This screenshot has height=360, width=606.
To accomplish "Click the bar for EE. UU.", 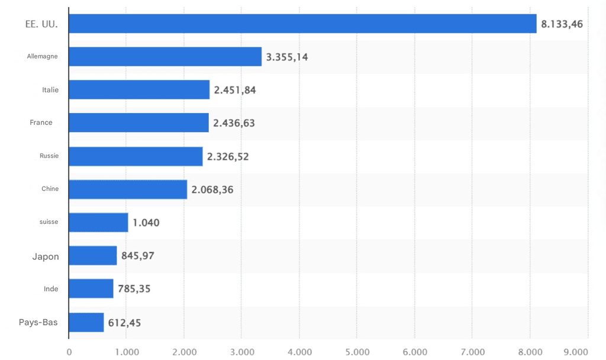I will (x=302, y=24).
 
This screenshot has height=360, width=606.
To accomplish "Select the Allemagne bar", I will (x=165, y=57).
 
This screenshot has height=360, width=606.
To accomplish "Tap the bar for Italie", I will (x=139, y=90).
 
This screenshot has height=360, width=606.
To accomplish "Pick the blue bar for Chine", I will (x=128, y=189).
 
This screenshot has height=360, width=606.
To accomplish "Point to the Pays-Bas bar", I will (x=86, y=323).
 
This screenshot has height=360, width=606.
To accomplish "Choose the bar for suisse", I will (x=98, y=223).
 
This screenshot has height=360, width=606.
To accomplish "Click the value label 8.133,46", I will (x=562, y=24).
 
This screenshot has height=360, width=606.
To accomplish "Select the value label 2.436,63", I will (x=234, y=123).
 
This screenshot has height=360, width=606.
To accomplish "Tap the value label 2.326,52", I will (x=228, y=156).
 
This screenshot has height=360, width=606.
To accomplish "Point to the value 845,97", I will (x=138, y=256).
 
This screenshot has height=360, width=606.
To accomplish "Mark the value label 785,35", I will (x=134, y=290).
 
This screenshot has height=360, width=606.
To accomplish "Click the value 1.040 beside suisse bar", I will (x=146, y=223).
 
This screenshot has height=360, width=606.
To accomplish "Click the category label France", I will (x=41, y=123).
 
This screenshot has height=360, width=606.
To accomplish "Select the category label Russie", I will (x=49, y=156).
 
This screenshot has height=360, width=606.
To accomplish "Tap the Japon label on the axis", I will (x=46, y=256).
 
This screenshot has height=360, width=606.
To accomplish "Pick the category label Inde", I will (x=51, y=289).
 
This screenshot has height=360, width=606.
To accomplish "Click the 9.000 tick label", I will (x=576, y=351).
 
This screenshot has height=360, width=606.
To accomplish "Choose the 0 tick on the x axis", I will (x=69, y=351).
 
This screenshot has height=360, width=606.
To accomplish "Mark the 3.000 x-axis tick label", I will (x=242, y=351).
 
